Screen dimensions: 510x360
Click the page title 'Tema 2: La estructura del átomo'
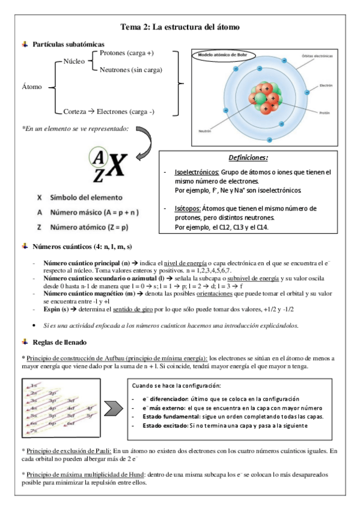point(180,27)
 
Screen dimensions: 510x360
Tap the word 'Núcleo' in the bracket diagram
point(74,61)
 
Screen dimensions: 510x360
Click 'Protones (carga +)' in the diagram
point(127,54)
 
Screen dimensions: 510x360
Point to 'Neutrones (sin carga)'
point(130,70)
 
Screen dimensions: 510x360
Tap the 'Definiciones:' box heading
point(248,158)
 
